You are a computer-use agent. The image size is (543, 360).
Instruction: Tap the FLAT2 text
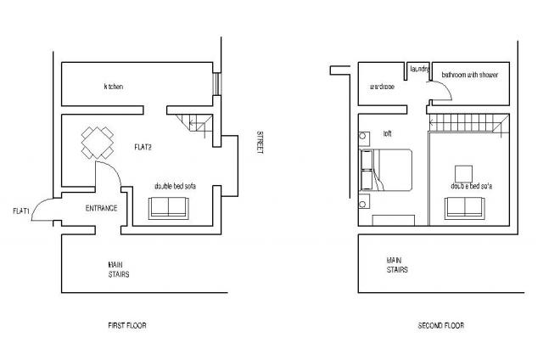(143, 147)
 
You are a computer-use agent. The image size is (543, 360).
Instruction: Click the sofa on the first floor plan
(169, 208)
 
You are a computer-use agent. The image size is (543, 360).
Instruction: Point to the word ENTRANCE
(101, 208)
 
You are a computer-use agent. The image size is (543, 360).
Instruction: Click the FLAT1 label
(22, 211)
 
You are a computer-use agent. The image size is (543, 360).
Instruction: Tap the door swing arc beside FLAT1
(42, 210)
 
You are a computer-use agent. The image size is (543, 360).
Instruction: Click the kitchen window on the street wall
(216, 84)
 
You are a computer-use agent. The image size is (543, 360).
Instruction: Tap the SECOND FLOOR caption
(440, 325)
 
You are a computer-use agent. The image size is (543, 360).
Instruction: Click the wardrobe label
(383, 87)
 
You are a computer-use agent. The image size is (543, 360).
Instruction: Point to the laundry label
(419, 68)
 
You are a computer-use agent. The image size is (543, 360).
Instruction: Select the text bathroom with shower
(469, 76)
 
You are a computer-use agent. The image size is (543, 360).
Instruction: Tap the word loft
(388, 132)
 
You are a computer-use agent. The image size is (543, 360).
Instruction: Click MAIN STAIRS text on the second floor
(397, 265)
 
